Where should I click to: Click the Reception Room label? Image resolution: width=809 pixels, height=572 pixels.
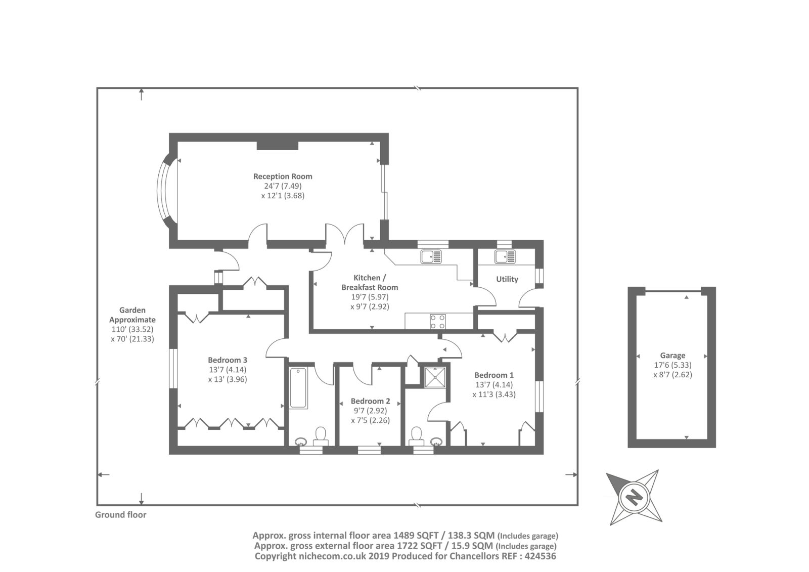[x=283, y=177]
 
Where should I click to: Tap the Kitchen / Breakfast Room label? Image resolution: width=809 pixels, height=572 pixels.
[x=370, y=283]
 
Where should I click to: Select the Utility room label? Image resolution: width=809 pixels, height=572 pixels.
[x=507, y=279]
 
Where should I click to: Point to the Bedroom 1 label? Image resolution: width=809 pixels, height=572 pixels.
[x=493, y=375]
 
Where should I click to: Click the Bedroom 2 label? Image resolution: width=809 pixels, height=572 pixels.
[x=370, y=401]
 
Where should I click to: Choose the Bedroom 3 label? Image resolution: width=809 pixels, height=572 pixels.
[x=228, y=360]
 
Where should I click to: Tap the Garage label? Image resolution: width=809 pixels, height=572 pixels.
[x=672, y=356]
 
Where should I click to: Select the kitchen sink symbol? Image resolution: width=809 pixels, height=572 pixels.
[x=431, y=257]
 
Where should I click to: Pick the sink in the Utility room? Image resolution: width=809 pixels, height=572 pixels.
[x=505, y=257]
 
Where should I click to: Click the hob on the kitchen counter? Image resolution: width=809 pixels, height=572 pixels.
[x=437, y=321]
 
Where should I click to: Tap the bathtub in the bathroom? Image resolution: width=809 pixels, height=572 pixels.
[x=298, y=388]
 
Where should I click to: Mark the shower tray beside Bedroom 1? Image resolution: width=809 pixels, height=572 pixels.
[x=435, y=377]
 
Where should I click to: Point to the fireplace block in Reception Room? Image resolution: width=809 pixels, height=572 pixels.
[x=278, y=146]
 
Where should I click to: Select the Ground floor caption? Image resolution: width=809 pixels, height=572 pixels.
[x=121, y=515]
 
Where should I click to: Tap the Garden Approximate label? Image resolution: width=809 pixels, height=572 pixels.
[x=132, y=315]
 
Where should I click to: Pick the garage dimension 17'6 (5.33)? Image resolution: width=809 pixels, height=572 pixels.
[x=672, y=365]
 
